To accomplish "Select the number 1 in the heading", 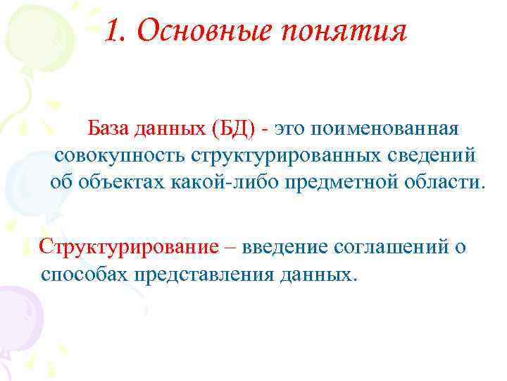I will (x=113, y=32).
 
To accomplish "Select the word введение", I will (x=289, y=248).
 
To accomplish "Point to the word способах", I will (x=82, y=274).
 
